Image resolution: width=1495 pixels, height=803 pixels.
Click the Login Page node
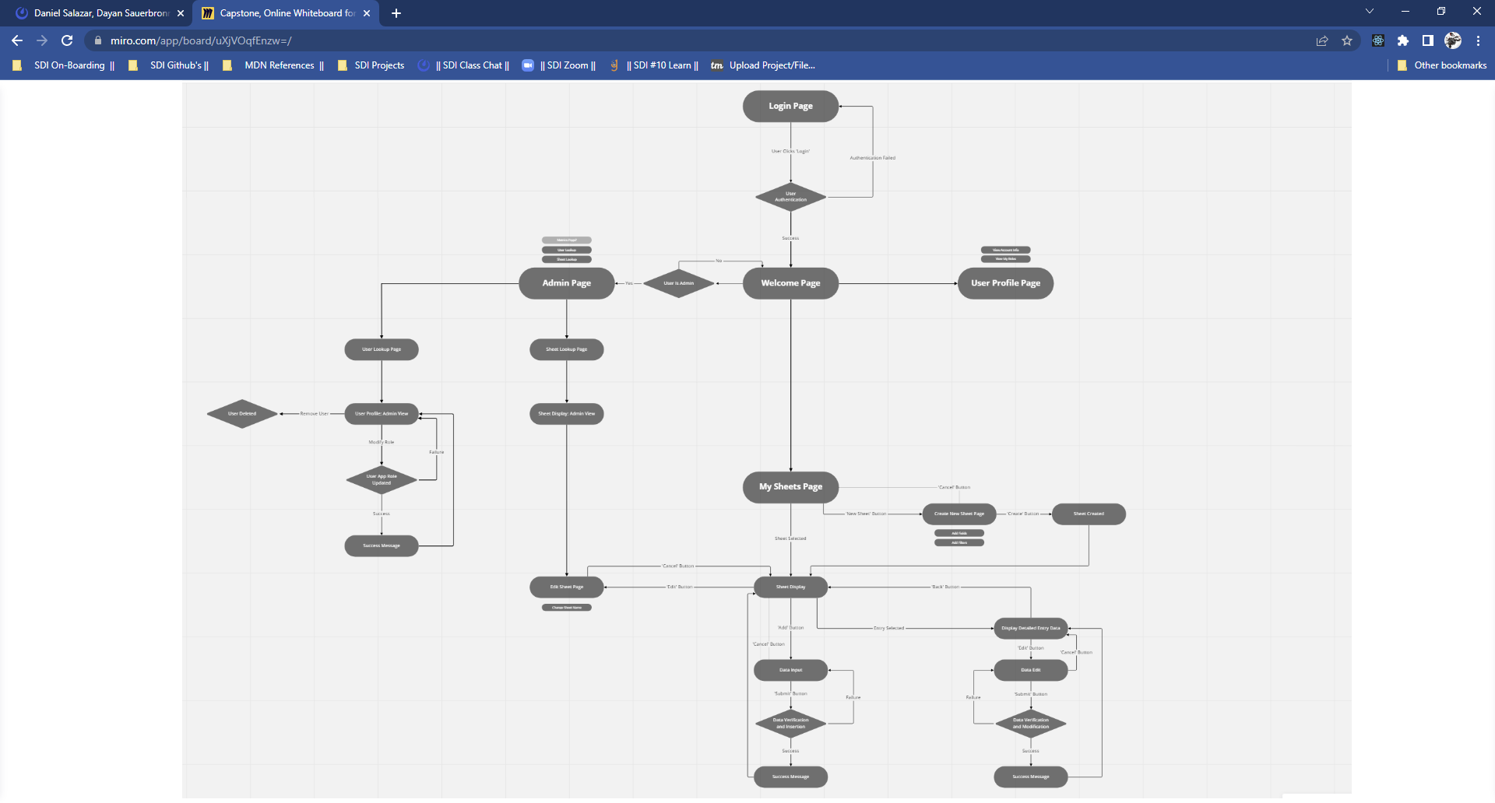(x=790, y=107)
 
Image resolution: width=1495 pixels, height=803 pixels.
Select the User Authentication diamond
(x=790, y=198)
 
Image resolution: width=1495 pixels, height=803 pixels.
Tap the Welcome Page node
(x=790, y=283)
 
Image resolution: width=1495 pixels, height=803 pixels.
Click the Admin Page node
(x=566, y=283)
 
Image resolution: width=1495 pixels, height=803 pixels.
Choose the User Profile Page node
(x=1005, y=283)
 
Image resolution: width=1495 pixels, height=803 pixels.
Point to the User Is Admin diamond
(x=678, y=283)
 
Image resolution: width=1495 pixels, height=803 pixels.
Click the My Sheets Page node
(x=790, y=487)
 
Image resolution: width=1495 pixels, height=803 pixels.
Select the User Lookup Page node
(x=382, y=349)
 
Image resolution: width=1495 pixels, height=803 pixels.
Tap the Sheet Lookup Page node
(x=566, y=349)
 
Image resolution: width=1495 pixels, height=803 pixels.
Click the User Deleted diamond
(x=242, y=414)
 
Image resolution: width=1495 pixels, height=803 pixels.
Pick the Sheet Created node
(x=1089, y=514)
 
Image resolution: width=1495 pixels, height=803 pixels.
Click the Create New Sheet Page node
(x=959, y=514)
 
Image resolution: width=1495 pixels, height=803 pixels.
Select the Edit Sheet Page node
(x=566, y=587)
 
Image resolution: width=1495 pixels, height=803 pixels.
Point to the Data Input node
(x=790, y=670)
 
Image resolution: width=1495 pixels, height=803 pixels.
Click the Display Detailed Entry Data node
(x=1030, y=629)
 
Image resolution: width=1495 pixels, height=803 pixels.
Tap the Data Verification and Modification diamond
(x=1030, y=724)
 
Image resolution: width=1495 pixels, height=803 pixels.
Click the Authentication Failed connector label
(x=872, y=158)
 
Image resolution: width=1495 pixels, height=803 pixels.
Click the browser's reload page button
(x=67, y=40)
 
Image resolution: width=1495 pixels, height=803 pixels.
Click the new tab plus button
(x=396, y=13)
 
